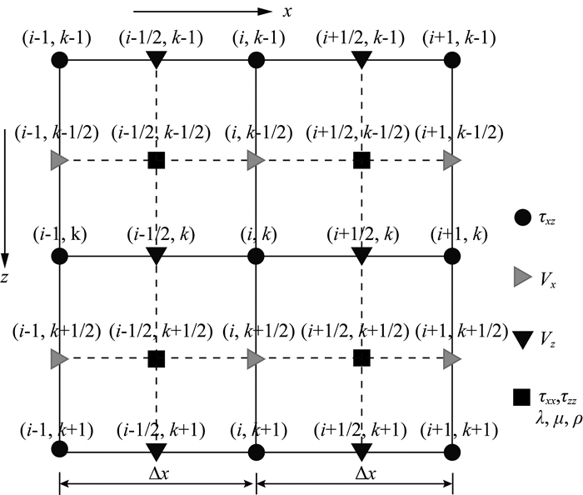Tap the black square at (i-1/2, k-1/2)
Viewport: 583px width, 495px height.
(156, 159)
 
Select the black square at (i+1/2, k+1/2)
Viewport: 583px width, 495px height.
(361, 358)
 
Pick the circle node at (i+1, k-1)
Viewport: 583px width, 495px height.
(453, 60)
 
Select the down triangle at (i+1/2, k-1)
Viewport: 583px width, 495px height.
(361, 60)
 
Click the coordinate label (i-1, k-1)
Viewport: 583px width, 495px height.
(59, 37)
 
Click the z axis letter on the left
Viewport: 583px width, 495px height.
(5, 277)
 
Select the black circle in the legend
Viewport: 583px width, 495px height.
(522, 218)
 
